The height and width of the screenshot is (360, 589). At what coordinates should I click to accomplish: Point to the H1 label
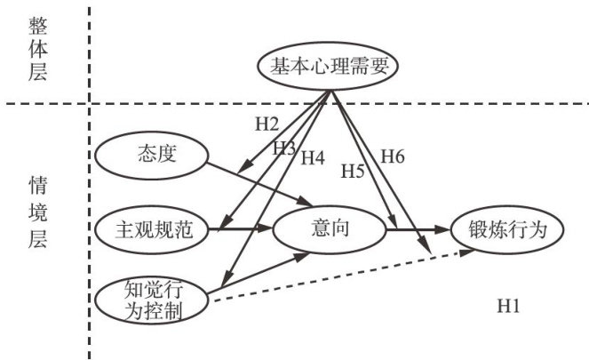(509, 306)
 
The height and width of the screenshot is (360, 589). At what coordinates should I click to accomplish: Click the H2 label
(267, 124)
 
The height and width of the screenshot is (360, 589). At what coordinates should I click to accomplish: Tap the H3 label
(284, 148)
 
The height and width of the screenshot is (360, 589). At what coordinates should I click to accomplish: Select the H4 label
(313, 158)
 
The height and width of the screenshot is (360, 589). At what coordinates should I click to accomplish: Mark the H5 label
(353, 172)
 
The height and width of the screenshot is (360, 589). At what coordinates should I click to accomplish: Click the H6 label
(393, 156)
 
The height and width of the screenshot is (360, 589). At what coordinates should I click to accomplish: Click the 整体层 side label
(38, 49)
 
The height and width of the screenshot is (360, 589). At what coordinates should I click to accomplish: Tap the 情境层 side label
(38, 212)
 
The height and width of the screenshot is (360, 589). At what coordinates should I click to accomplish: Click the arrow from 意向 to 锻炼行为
(418, 229)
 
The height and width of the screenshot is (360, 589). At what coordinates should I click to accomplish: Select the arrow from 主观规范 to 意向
(241, 228)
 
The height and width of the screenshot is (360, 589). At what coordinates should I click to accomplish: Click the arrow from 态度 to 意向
(260, 184)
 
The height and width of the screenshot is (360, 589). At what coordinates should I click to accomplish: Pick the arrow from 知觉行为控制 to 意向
(259, 273)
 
